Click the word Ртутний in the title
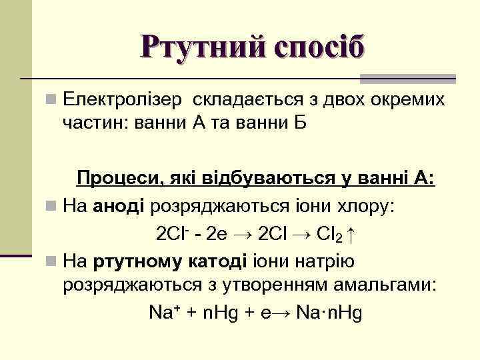(193, 47)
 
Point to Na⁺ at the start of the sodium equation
(163, 312)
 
